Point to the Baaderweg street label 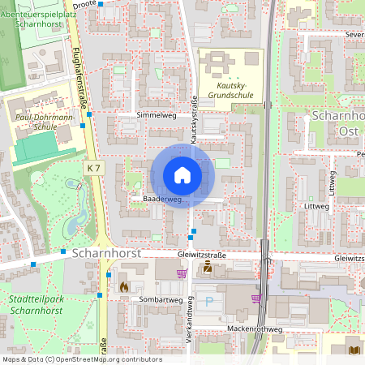pos(161,199)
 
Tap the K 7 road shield pos(95,168)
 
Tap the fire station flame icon pos(123,286)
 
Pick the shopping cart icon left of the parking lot pos(182,273)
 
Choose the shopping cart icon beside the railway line pos(256,298)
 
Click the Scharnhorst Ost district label pos(337,123)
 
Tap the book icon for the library pos(353,350)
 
